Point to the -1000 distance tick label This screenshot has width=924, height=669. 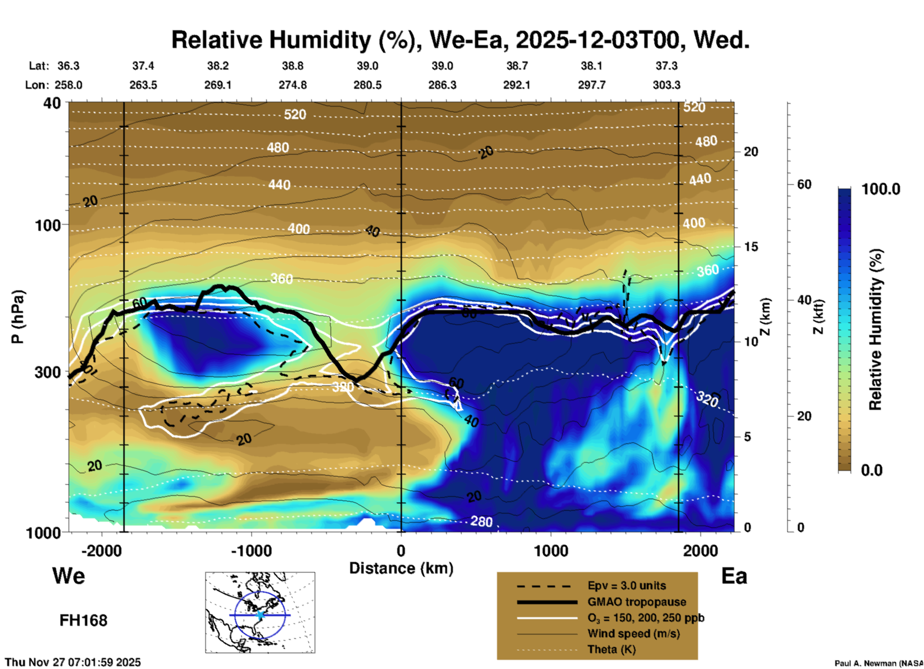click(x=251, y=551)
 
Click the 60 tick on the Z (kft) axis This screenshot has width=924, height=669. click(x=804, y=184)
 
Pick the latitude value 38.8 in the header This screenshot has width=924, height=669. click(x=292, y=66)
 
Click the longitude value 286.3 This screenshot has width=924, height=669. click(x=442, y=85)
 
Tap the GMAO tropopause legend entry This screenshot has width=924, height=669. click(x=637, y=602)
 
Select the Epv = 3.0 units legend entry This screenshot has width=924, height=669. click(x=627, y=586)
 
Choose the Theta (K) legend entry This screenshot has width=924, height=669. click(x=611, y=649)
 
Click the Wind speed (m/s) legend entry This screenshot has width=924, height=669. click(x=633, y=633)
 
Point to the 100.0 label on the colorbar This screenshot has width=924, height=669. click(x=881, y=189)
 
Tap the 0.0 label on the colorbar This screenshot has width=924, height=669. click(x=872, y=470)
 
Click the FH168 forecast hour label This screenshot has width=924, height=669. click(x=83, y=621)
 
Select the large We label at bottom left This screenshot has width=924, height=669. click(x=69, y=576)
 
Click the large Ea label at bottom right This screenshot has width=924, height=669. click(x=734, y=576)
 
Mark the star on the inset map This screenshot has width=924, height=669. click(x=260, y=615)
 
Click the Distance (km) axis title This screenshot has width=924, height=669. click(x=401, y=568)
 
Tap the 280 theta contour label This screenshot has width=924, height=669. click(x=481, y=521)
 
